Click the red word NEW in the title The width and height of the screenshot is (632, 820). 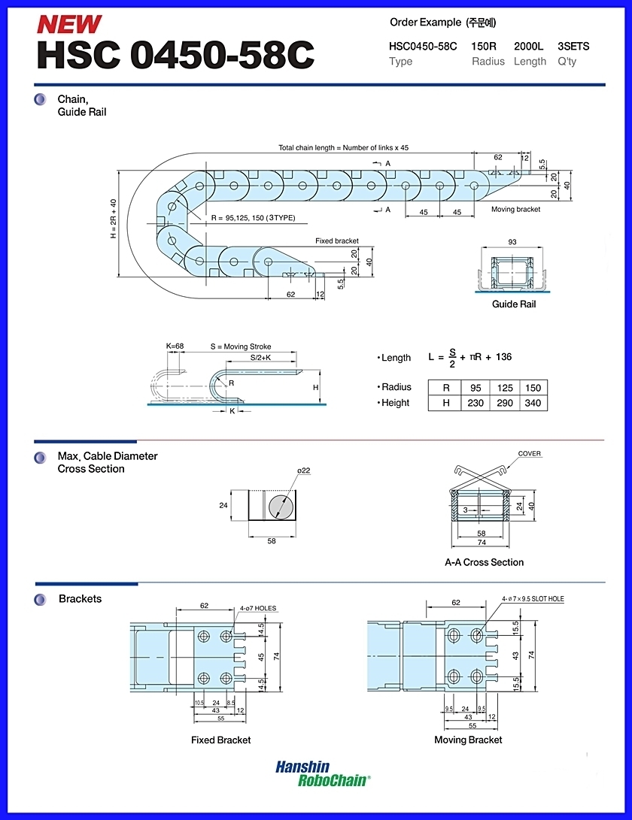point(69,24)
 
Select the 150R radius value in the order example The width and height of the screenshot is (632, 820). point(483,46)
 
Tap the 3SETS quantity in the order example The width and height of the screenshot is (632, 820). point(573,46)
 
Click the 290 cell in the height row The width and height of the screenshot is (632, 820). point(505,403)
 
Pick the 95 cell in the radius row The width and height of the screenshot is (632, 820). point(476,388)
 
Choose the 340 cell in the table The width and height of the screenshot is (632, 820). point(533,403)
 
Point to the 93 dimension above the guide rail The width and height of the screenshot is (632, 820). point(512,241)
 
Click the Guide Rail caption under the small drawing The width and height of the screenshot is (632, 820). point(514,304)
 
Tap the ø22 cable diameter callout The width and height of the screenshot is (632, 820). point(304,471)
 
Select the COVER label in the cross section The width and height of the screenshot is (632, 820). point(530,453)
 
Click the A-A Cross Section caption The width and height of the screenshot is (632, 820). point(485,562)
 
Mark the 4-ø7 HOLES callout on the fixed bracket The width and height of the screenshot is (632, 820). point(258,608)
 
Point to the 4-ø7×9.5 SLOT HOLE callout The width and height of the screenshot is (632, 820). point(533,599)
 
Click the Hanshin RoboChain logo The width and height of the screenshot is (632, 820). point(323,773)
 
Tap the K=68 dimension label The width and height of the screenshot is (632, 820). point(175,346)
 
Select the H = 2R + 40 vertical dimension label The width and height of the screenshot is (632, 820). point(114,219)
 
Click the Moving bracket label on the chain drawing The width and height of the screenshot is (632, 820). point(516,209)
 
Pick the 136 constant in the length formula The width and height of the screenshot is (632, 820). point(503,357)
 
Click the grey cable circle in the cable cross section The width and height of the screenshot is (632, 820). point(283,506)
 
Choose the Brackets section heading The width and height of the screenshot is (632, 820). point(80,599)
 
